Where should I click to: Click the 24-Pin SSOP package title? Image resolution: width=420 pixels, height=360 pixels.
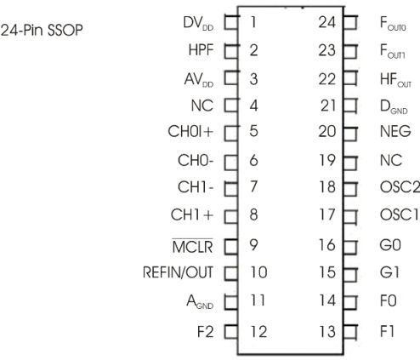pos(42,30)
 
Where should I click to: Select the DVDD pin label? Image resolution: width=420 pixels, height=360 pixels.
pos(198,23)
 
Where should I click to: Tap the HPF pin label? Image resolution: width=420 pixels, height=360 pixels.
pos(201,50)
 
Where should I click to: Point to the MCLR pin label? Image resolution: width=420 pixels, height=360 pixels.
pos(192,246)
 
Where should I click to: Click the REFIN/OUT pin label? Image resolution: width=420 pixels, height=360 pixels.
pos(178,272)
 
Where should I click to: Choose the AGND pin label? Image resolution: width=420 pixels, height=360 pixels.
pos(200,302)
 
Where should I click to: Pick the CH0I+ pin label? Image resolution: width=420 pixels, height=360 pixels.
pos(190,132)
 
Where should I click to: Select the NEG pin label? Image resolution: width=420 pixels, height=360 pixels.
pos(395,131)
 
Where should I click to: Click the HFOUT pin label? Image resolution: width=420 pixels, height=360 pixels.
pos(395,80)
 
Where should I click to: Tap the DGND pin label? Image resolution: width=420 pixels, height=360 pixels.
pos(394,107)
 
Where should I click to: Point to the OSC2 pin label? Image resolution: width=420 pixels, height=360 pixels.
pos(400,187)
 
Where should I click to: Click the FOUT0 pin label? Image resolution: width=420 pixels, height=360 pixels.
pos(393,24)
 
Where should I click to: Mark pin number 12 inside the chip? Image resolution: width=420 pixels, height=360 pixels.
pos(258,331)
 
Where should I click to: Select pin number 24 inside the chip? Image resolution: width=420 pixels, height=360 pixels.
pos(327,22)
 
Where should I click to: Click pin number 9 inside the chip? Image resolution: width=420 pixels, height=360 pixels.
pos(253,245)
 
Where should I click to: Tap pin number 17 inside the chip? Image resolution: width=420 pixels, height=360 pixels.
pos(327,214)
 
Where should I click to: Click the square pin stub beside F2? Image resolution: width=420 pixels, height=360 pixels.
pos(231,332)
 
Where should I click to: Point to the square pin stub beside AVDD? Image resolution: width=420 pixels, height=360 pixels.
pos(231,78)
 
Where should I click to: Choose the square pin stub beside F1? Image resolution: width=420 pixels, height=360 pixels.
pos(350,332)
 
